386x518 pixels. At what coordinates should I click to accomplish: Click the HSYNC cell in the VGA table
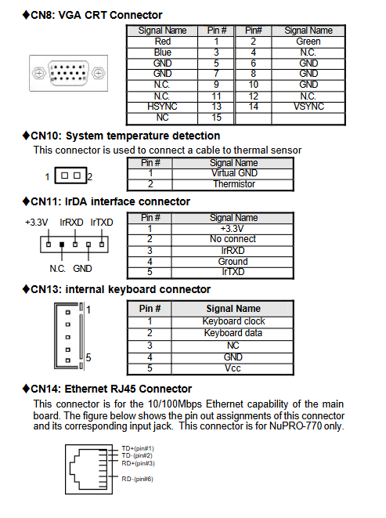click(x=162, y=107)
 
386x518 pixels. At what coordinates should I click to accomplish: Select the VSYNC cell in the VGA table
click(x=308, y=107)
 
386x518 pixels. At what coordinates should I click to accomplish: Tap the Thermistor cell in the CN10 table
click(x=233, y=184)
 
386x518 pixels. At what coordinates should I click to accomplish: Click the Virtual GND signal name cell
click(x=233, y=173)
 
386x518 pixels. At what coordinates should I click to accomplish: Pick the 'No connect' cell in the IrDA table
click(x=233, y=239)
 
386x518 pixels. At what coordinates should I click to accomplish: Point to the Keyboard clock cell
click(x=233, y=321)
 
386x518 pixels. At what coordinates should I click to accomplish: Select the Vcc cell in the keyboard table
click(x=233, y=368)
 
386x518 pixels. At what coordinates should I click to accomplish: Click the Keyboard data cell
click(x=233, y=333)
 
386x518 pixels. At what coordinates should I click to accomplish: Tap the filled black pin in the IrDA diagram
click(x=62, y=245)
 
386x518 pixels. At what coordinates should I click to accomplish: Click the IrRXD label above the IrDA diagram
click(x=71, y=223)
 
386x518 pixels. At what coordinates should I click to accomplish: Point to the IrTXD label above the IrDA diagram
click(x=102, y=223)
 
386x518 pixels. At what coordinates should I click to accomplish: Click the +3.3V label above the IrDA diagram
click(x=37, y=223)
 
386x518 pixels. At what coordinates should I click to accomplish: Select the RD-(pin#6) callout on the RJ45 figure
click(x=137, y=479)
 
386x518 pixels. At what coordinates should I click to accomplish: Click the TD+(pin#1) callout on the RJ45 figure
click(x=138, y=448)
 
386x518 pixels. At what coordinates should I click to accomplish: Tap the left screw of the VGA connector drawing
click(x=39, y=73)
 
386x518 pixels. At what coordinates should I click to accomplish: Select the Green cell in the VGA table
click(x=308, y=42)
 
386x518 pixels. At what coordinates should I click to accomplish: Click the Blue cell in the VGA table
click(x=162, y=53)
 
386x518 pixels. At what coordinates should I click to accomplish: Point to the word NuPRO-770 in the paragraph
click(x=295, y=426)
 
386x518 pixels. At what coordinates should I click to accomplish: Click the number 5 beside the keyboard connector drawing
click(x=88, y=357)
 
